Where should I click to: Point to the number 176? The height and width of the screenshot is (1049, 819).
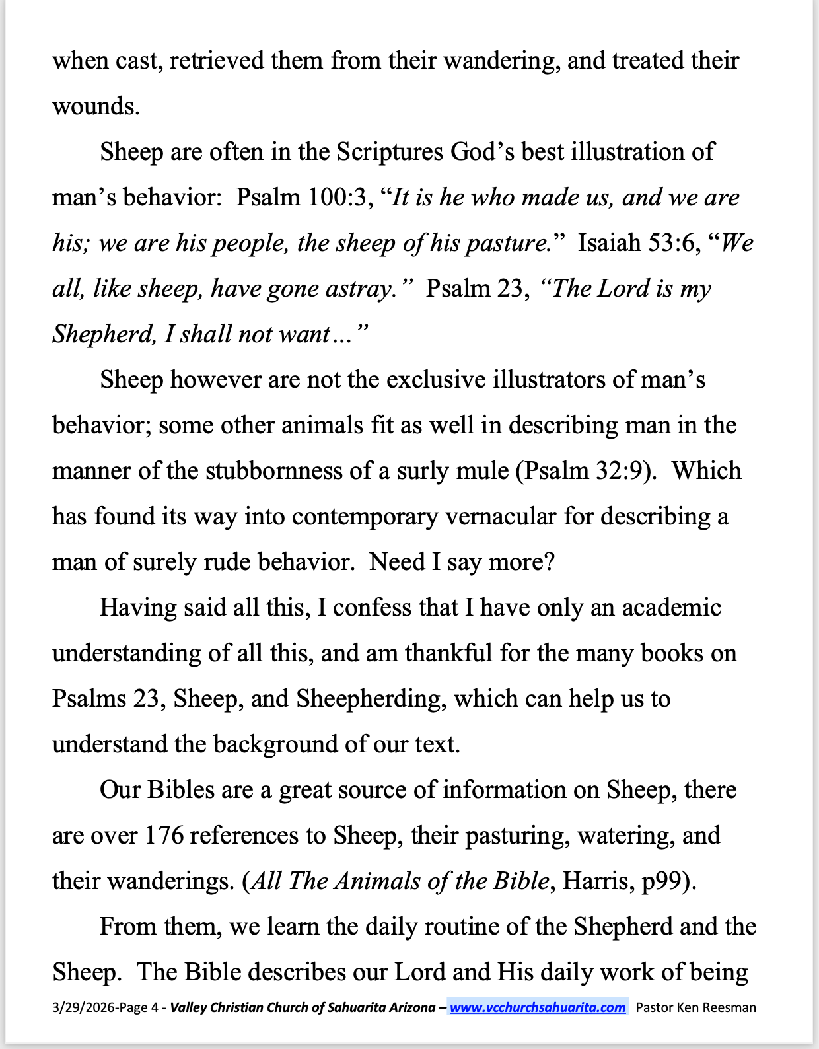(x=164, y=836)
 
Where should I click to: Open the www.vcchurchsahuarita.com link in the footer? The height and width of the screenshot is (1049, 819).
(x=538, y=1007)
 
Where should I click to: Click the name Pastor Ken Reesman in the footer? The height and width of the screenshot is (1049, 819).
(x=695, y=1007)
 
